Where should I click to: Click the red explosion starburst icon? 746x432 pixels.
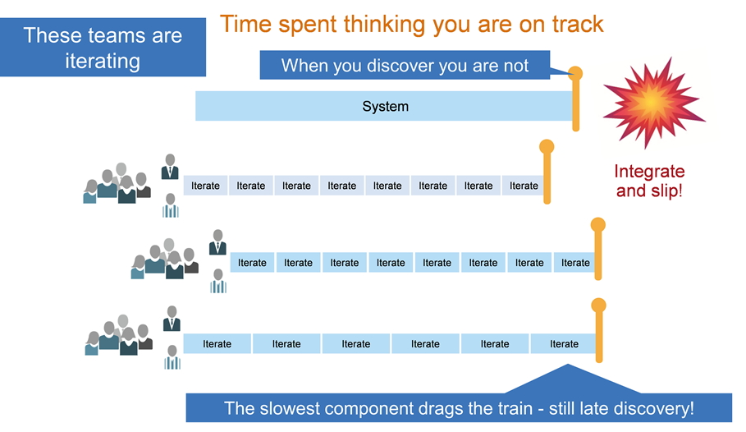[652, 103]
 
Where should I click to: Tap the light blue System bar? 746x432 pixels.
[384, 106]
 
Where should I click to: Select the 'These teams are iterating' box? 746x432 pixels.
[103, 47]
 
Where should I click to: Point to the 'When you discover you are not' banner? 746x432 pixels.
[405, 65]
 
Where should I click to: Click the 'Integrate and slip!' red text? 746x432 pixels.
[649, 181]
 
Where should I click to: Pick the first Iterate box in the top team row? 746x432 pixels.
[205, 186]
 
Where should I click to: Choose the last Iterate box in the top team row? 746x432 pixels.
[524, 186]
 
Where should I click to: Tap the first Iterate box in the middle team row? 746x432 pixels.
[252, 263]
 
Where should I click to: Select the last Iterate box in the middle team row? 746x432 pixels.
[574, 263]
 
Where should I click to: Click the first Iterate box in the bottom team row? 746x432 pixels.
[217, 344]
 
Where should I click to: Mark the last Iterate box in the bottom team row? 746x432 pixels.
[563, 344]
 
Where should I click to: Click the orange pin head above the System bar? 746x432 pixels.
[575, 73]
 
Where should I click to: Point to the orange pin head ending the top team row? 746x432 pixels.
[547, 146]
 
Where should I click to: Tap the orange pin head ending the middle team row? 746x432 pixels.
[598, 224]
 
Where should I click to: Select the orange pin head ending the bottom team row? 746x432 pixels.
[598, 306]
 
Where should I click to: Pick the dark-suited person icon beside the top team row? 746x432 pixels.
[170, 167]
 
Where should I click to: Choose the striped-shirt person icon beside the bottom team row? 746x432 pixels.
[172, 358]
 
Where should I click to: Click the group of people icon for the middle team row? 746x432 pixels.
[165, 259]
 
